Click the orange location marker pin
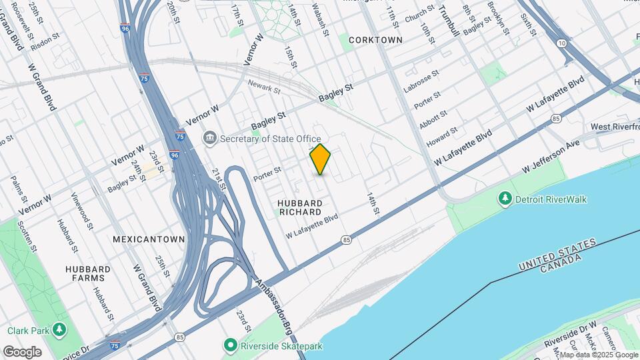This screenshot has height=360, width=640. click(x=321, y=159)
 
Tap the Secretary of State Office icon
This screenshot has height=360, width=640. click(x=210, y=137)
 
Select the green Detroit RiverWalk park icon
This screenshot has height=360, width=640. click(x=505, y=199)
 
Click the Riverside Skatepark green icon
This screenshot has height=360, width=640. click(x=230, y=345)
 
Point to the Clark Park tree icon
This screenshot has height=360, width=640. click(x=60, y=330)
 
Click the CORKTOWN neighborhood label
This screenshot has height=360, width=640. click(x=375, y=40)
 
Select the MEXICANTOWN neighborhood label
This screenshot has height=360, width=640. click(x=149, y=239)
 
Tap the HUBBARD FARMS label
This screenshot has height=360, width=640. click(x=88, y=273)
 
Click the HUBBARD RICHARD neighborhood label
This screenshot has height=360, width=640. click(x=301, y=207)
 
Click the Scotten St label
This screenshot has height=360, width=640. click(x=29, y=237)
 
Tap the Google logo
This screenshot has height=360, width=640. click(x=22, y=351)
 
